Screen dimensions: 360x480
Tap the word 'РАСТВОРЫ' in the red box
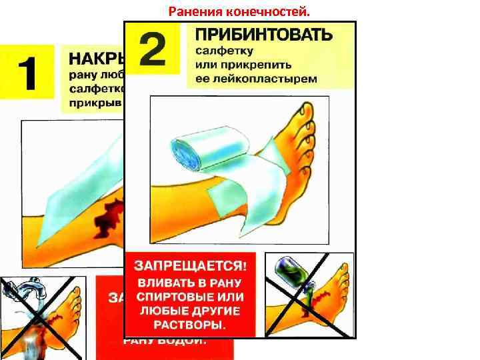coord(188,325)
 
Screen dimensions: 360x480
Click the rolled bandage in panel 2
coord(189,149)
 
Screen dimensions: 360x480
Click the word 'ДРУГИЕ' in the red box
coord(215,311)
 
